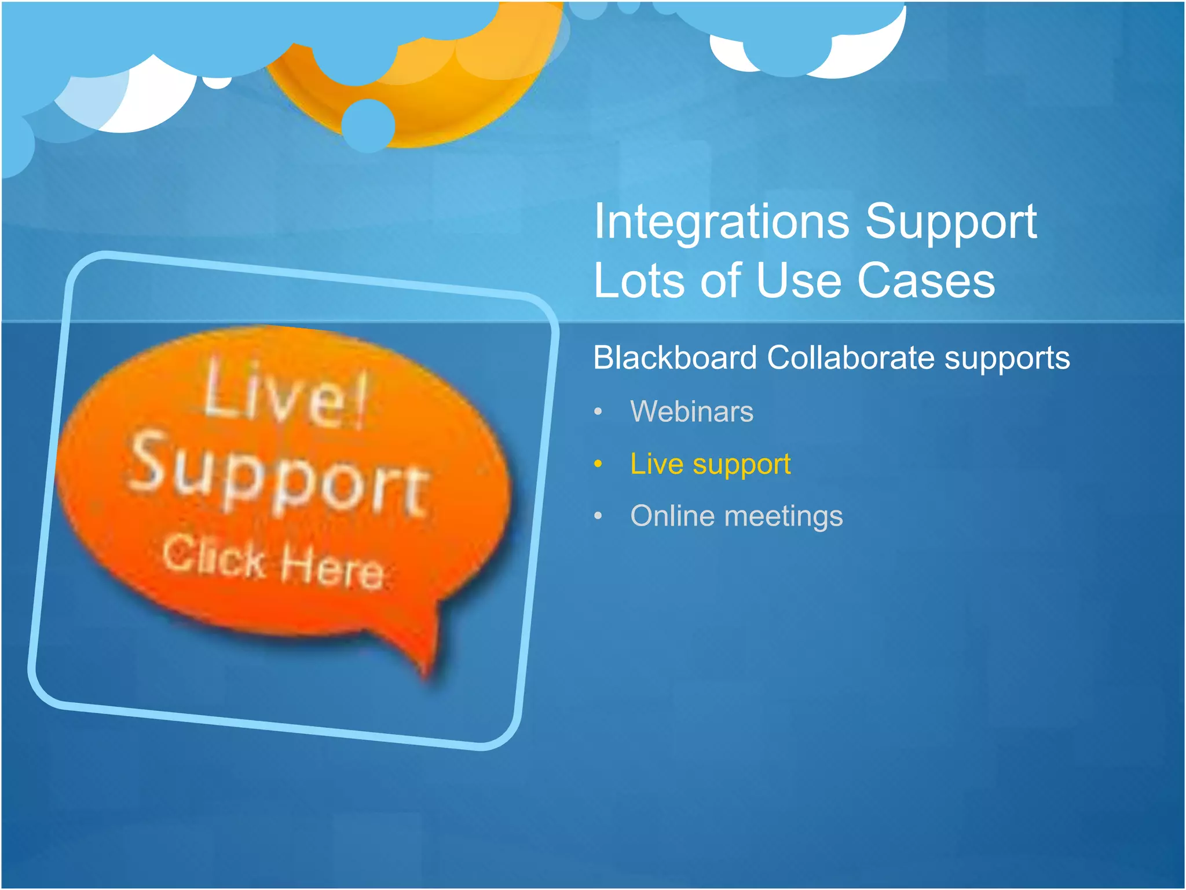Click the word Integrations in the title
pyautogui.click(x=722, y=223)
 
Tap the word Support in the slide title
pyautogui.click(x=950, y=223)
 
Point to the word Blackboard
pyautogui.click(x=675, y=358)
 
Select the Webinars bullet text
pyautogui.click(x=691, y=411)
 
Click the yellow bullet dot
pyautogui.click(x=598, y=464)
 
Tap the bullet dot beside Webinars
pyautogui.click(x=598, y=412)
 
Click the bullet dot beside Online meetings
pyautogui.click(x=598, y=516)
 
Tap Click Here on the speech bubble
pyautogui.click(x=272, y=562)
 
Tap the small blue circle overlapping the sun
pyautogui.click(x=368, y=125)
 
